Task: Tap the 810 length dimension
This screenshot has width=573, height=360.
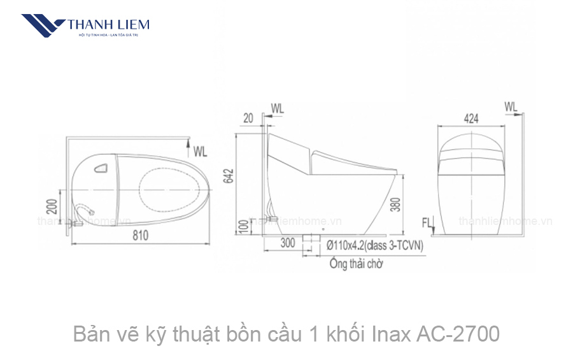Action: coord(140,235)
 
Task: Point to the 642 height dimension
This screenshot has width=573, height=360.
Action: coord(229,176)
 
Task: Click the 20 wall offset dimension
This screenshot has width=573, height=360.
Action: coord(248,117)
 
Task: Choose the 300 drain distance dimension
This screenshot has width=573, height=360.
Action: coord(287,243)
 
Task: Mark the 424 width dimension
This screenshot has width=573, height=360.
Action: coord(471,119)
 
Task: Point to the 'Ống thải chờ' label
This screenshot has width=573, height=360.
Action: coord(357,264)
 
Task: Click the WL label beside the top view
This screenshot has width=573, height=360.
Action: coord(201,152)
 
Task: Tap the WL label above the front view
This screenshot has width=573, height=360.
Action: coord(511,106)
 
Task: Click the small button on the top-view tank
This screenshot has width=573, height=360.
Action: coord(101,168)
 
